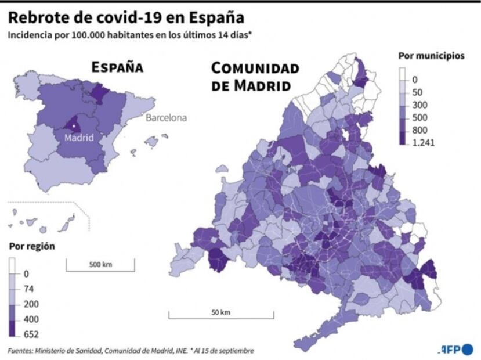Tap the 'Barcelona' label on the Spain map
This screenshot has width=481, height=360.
[166, 118]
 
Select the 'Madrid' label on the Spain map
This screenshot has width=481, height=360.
[79, 138]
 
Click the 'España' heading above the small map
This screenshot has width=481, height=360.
[117, 67]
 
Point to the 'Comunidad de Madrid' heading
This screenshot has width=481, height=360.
[255, 77]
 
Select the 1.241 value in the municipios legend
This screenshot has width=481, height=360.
[424, 142]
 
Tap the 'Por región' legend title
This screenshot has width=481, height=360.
[32, 246]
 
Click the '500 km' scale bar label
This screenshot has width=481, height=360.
[100, 265]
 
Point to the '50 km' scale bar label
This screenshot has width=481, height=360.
[220, 312]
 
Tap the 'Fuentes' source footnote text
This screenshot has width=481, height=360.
[131, 351]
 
